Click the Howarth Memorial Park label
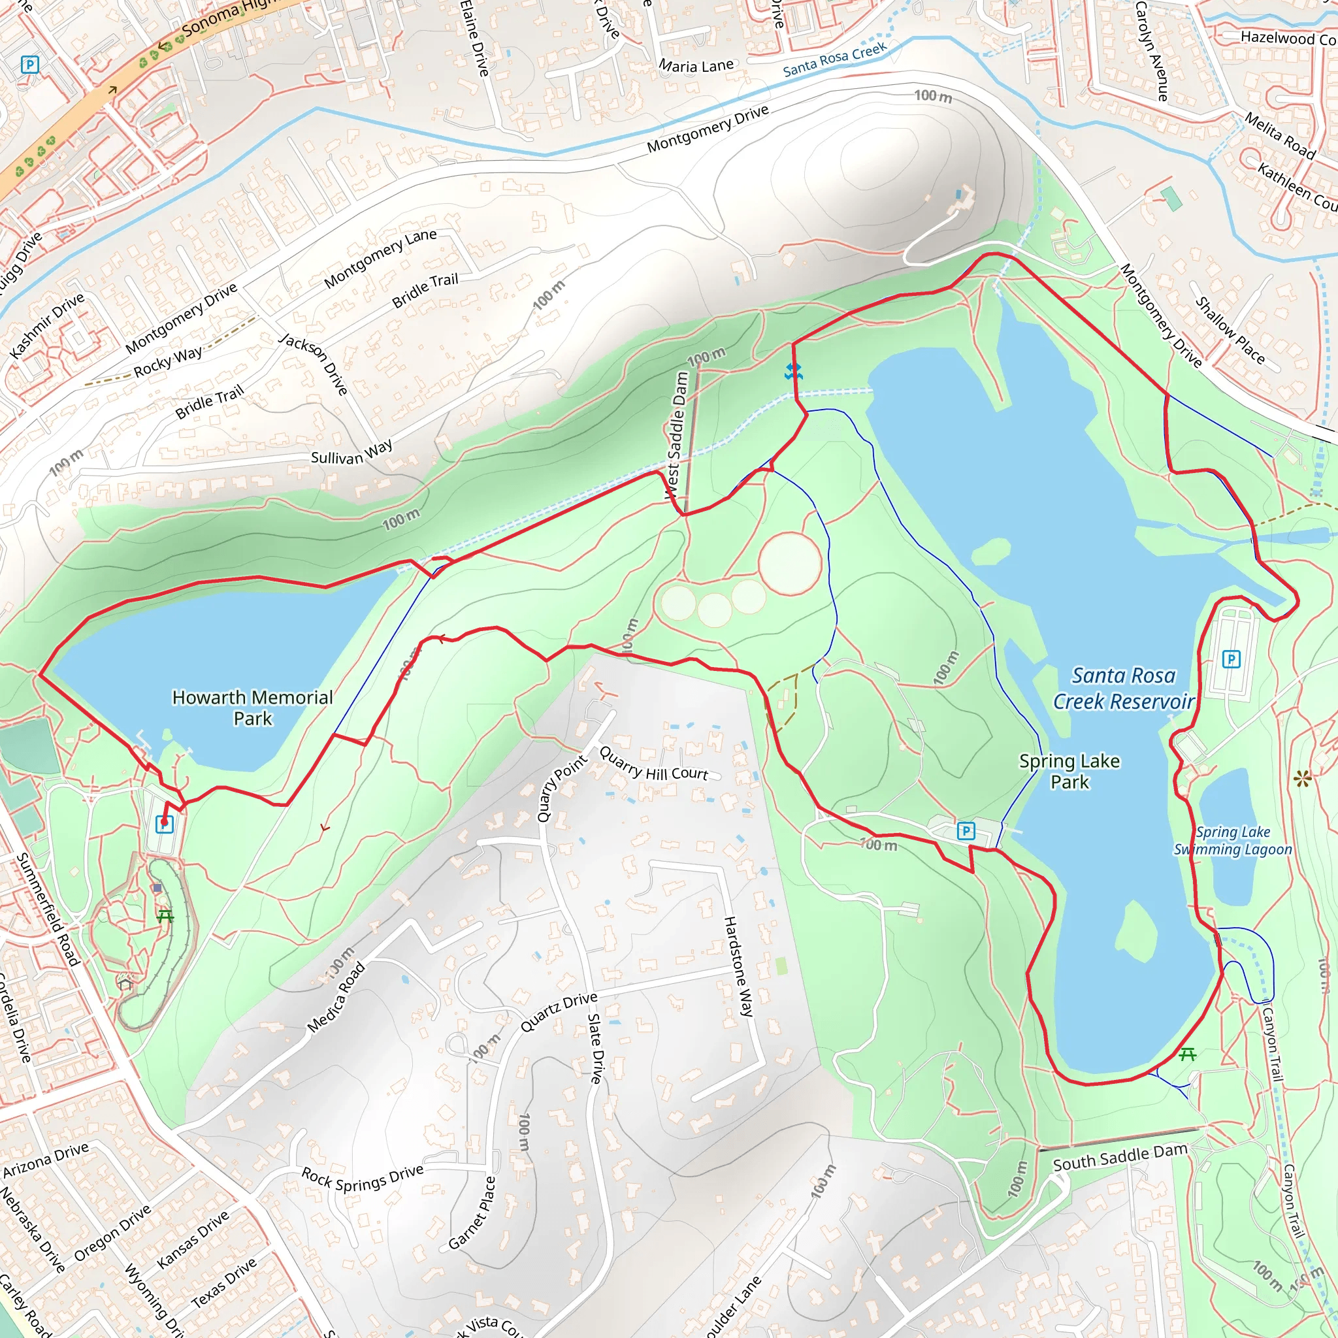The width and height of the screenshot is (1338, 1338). (x=252, y=707)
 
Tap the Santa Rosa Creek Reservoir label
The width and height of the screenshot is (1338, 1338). (x=1122, y=689)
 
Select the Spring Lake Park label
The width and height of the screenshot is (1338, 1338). (x=1069, y=771)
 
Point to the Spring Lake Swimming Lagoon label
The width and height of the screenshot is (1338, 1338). (x=1232, y=840)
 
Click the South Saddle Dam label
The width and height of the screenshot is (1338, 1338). (x=1120, y=1158)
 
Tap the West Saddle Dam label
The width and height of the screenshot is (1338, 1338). (x=677, y=435)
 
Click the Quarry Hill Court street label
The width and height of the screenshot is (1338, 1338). (x=653, y=764)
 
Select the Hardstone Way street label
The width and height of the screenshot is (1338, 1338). (x=738, y=966)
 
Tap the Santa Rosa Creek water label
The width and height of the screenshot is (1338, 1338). (x=834, y=59)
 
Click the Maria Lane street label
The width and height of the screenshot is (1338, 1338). (x=696, y=66)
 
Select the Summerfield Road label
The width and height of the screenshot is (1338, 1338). (x=47, y=909)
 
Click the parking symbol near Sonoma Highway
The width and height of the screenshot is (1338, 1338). (x=29, y=65)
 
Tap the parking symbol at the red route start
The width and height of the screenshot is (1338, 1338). (x=164, y=824)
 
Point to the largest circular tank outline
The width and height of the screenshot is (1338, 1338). (x=789, y=563)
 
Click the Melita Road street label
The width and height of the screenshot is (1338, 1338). (x=1279, y=136)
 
